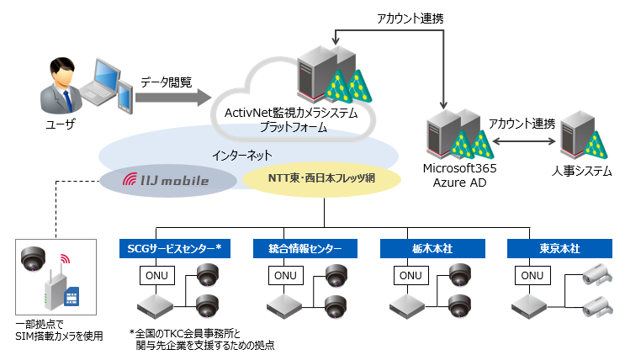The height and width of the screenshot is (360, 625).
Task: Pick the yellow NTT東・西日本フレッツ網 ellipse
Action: point(320,179)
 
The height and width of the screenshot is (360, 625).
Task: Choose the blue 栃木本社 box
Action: point(432,248)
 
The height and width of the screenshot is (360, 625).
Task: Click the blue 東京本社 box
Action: point(559,248)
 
